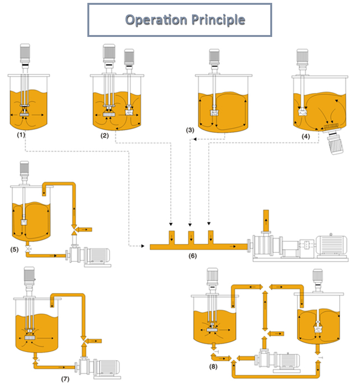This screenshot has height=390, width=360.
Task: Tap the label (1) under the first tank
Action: tap(21, 135)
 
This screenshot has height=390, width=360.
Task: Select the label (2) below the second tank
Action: tap(105, 136)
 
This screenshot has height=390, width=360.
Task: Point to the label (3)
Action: tap(191, 130)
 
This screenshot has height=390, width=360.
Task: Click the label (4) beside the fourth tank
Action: tap(305, 135)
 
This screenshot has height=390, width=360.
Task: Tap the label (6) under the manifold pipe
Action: tap(192, 256)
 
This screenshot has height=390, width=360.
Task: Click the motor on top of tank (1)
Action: tap(26, 54)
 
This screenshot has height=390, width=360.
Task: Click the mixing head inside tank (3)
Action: tap(215, 114)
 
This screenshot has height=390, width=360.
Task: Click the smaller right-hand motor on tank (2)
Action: tap(129, 58)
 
